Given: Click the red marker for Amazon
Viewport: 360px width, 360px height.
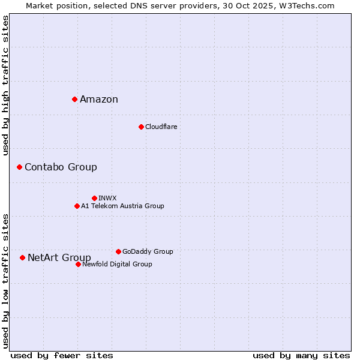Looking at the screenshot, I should [x=74, y=99].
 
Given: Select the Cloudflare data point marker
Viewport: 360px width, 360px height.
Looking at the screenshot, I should [x=141, y=127].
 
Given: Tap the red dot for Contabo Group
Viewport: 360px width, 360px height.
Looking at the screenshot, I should [x=19, y=167].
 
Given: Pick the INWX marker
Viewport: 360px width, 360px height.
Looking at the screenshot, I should [x=94, y=198].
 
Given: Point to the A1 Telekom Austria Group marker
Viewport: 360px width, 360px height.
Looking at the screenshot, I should [x=77, y=206].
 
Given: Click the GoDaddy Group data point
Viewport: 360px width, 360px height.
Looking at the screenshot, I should [x=118, y=251].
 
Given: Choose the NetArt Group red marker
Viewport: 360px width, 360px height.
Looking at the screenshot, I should [x=22, y=257].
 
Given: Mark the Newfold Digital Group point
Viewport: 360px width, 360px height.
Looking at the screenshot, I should [x=78, y=264].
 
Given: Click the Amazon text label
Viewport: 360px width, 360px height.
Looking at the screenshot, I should [x=99, y=100].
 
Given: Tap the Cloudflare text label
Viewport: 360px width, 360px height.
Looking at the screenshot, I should [x=161, y=127].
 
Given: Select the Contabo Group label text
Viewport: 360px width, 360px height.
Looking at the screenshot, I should [x=61, y=167].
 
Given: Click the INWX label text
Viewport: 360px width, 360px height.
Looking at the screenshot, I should [x=107, y=198].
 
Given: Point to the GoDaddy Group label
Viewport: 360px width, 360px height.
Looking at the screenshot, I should [x=148, y=251].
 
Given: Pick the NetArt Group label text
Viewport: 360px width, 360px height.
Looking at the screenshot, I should [x=59, y=258].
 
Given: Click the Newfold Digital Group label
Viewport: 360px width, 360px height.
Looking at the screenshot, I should [x=117, y=264].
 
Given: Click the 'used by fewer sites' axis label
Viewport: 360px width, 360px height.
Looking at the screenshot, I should [x=62, y=355].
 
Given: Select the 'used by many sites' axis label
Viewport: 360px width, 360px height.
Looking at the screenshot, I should [x=301, y=355].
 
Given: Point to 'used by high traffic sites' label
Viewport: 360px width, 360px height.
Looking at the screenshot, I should [x=5, y=85].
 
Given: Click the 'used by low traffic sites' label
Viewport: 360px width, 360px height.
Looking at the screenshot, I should [x=5, y=281].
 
